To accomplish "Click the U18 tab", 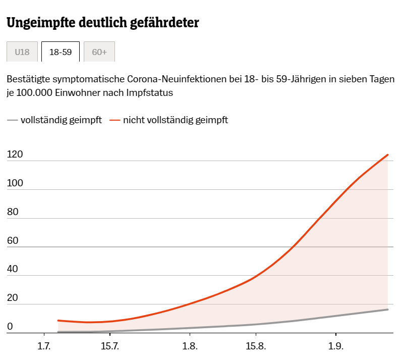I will coord(22,52).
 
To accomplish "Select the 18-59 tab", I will coord(61,52).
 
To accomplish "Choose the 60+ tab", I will coord(99,52).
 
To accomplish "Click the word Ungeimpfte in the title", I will coord(41,23).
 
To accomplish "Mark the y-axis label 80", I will coord(13,212).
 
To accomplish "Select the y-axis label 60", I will coord(13,241).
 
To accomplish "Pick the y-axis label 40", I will coord(13,270).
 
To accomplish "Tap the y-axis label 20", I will coord(13,298).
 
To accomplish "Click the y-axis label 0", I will coord(10,327).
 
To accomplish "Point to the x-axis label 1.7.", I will coord(44,346).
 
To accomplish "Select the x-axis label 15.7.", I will coord(110,346).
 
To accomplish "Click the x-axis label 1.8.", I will coord(189,346).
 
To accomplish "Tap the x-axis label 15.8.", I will coord(256,346).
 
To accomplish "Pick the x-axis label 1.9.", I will coord(335,346).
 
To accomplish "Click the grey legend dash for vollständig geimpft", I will coord(12,120).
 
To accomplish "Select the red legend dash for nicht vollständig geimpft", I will coord(115,120).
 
